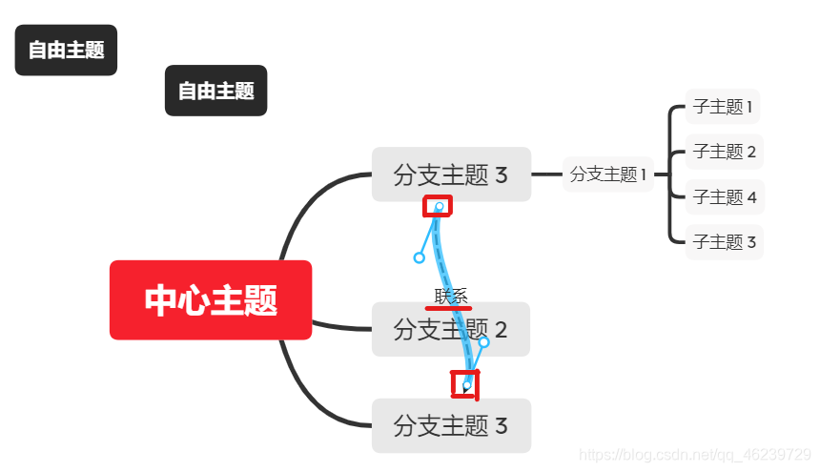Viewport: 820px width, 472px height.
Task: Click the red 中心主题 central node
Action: coord(211,300)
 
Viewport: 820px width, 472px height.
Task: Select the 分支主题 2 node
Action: coord(450,330)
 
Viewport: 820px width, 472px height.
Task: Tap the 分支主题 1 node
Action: coord(608,174)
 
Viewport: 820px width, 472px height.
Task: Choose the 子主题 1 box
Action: coord(724,107)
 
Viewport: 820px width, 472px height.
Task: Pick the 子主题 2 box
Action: coord(724,151)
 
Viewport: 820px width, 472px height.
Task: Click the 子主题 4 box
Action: coord(724,197)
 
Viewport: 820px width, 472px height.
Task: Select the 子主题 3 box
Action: coord(724,242)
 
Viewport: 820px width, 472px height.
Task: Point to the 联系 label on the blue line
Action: coord(451,296)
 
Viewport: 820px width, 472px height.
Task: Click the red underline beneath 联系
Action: coord(448,308)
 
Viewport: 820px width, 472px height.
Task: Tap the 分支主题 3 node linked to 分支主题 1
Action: coord(451,174)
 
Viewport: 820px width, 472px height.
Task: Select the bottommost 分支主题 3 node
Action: coord(451,425)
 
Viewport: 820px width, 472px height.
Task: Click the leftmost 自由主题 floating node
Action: coord(66,50)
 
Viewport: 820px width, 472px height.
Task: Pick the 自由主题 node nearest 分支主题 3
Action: coord(216,91)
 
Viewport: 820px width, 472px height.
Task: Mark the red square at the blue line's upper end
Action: coord(438,205)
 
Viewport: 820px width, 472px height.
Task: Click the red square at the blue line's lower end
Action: coord(464,383)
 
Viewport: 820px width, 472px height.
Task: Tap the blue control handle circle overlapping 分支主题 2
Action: coord(483,341)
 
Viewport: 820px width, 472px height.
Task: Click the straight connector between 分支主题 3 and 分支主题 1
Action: coord(546,174)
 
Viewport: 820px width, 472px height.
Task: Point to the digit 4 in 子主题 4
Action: coord(751,197)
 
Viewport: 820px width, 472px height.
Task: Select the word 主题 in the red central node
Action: coord(244,300)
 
